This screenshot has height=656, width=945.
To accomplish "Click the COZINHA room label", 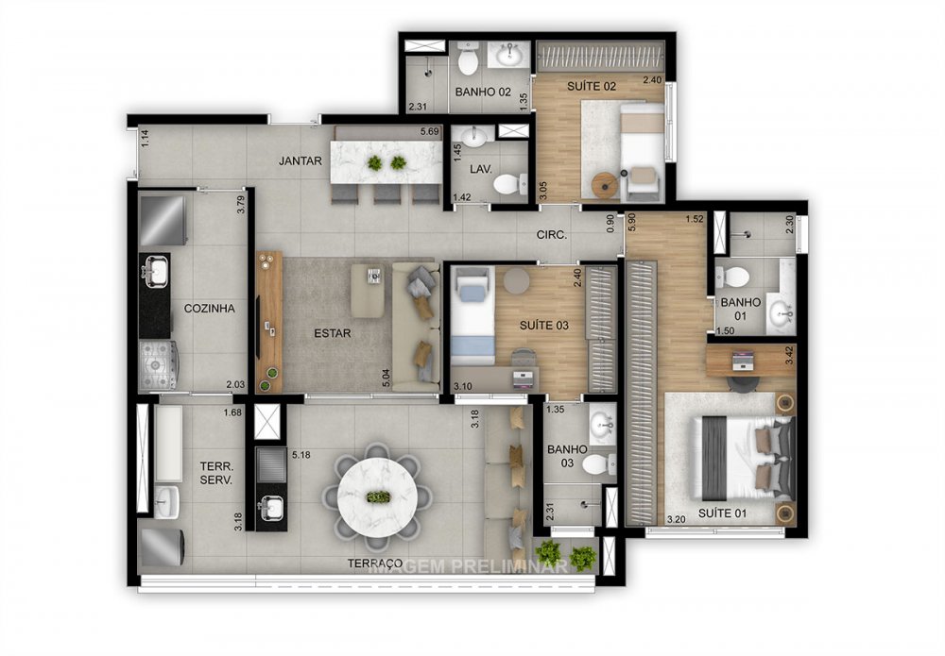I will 210,308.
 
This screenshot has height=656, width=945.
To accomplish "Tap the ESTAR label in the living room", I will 332,333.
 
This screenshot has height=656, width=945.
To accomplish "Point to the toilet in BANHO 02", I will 467,62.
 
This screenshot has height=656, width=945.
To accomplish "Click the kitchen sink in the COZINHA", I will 154,272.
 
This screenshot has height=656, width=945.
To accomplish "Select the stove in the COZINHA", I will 157,362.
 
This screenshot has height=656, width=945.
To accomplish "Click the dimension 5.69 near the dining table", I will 430,132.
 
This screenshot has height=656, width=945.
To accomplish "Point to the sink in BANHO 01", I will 780,314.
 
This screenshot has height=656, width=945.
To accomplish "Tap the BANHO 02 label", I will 483,93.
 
